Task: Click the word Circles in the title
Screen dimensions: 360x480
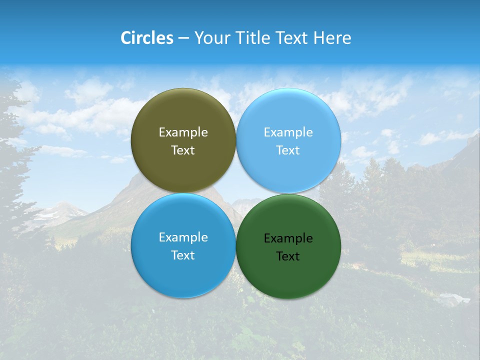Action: pyautogui.click(x=146, y=38)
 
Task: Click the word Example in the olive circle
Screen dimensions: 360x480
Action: pyautogui.click(x=183, y=132)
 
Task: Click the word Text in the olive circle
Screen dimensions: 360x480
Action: pyautogui.click(x=183, y=150)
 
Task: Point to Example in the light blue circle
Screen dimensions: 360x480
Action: pyautogui.click(x=288, y=132)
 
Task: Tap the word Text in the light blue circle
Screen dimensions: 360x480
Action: pyautogui.click(x=288, y=150)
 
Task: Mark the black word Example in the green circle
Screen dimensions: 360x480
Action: pyautogui.click(x=288, y=238)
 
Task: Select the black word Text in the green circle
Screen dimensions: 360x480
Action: pyautogui.click(x=288, y=256)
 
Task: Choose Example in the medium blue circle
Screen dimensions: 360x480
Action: pyautogui.click(x=183, y=237)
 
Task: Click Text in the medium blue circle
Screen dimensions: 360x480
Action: pyautogui.click(x=183, y=255)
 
